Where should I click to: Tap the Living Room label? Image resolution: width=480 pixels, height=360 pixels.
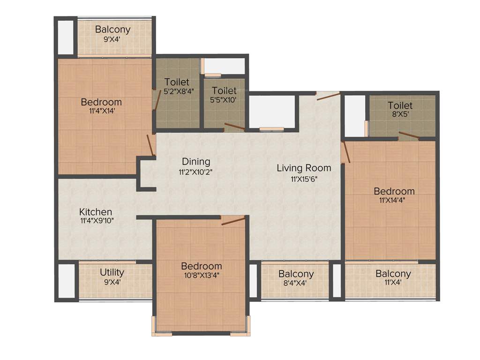point(304,168)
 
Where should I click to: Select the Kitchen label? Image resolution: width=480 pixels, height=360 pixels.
point(96,211)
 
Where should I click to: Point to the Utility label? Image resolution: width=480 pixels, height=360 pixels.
point(112,272)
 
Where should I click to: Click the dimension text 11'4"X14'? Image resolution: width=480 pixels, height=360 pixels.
point(101,112)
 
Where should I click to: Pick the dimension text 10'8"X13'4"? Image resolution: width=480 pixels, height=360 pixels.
point(202,275)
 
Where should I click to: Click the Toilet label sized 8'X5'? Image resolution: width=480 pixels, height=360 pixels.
point(400,105)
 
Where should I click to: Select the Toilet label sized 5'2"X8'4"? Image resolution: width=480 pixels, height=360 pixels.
point(177,82)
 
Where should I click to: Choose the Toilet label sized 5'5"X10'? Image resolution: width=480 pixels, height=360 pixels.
point(224,90)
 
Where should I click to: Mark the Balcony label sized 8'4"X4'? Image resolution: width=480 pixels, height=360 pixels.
point(296,274)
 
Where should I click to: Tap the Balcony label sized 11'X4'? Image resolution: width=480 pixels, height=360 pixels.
point(393,274)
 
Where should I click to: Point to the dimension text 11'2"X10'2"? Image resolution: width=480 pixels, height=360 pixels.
point(196,172)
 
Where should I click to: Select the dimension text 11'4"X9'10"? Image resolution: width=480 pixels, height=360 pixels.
point(96,221)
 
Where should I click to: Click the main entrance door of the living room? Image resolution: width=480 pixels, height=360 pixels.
point(328,96)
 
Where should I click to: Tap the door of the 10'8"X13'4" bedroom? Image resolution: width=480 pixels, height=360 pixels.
point(233,220)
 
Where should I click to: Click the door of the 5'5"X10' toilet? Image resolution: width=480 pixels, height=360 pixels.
point(234,126)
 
